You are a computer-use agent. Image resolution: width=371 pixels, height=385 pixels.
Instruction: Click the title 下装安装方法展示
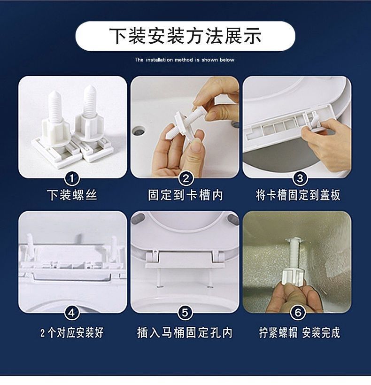tap(185, 36)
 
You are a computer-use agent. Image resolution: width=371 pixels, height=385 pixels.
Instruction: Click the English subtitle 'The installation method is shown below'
tap(185, 60)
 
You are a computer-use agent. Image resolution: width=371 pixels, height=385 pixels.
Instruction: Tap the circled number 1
tap(72, 178)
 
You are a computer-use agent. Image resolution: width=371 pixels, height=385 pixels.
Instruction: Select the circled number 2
tap(185, 178)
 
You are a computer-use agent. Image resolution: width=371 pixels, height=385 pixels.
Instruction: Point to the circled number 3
tap(300, 178)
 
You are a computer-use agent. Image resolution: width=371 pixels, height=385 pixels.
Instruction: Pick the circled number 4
tap(72, 313)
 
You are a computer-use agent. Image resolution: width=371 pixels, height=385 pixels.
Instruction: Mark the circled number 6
tap(298, 313)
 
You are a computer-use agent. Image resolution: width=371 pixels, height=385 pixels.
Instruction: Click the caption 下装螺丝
tap(72, 195)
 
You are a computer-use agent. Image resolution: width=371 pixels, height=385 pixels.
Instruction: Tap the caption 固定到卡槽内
tap(185, 195)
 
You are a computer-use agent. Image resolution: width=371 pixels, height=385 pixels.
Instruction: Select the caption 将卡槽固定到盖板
tap(298, 195)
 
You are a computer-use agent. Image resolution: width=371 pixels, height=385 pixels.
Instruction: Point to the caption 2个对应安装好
tap(72, 333)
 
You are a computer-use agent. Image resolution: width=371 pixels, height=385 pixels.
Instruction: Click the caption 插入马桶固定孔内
tap(185, 333)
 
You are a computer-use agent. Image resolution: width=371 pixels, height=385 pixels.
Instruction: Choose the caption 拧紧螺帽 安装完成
tap(300, 333)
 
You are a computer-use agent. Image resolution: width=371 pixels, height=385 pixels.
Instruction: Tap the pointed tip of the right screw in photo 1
tap(89, 86)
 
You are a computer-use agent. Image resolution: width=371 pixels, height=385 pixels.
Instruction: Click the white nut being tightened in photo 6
tap(294, 277)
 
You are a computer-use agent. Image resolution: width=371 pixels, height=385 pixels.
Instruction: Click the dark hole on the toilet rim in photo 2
tap(138, 131)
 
